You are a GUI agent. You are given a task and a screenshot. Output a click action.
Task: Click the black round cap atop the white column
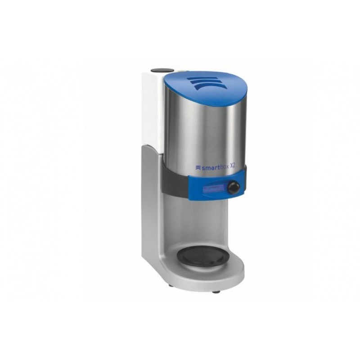pos(161,70)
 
